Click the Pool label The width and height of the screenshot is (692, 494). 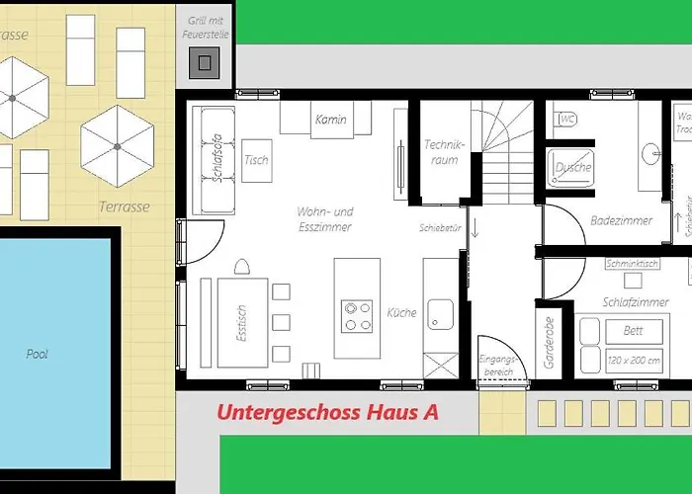point(38,354)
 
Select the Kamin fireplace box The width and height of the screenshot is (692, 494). point(330,119)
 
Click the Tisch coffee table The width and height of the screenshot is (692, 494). point(256,160)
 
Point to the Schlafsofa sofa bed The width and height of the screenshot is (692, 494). point(211,160)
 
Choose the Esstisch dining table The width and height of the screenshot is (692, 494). point(242,321)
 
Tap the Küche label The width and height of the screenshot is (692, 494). point(402,313)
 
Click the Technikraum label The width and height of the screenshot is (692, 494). point(444,152)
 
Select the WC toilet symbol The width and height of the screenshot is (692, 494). point(567,120)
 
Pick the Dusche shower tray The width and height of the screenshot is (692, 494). point(572,168)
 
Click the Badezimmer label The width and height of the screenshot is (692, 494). point(621,221)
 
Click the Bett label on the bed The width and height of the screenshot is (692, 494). point(632,331)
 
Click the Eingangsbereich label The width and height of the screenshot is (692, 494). point(496,366)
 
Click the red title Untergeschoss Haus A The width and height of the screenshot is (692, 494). point(328,413)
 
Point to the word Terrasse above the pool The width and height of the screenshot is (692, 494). point(125,207)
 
